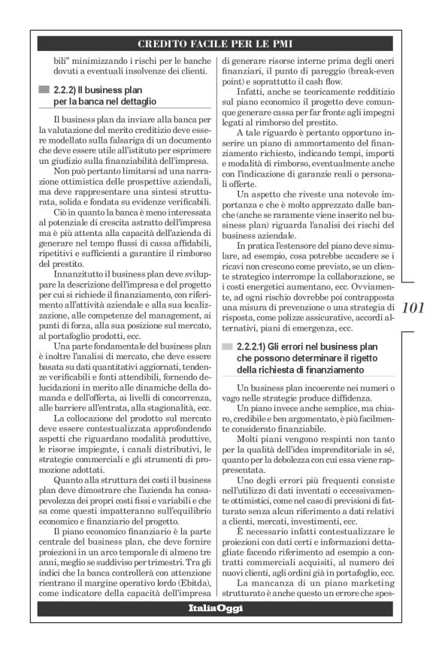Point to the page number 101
[413, 308]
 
